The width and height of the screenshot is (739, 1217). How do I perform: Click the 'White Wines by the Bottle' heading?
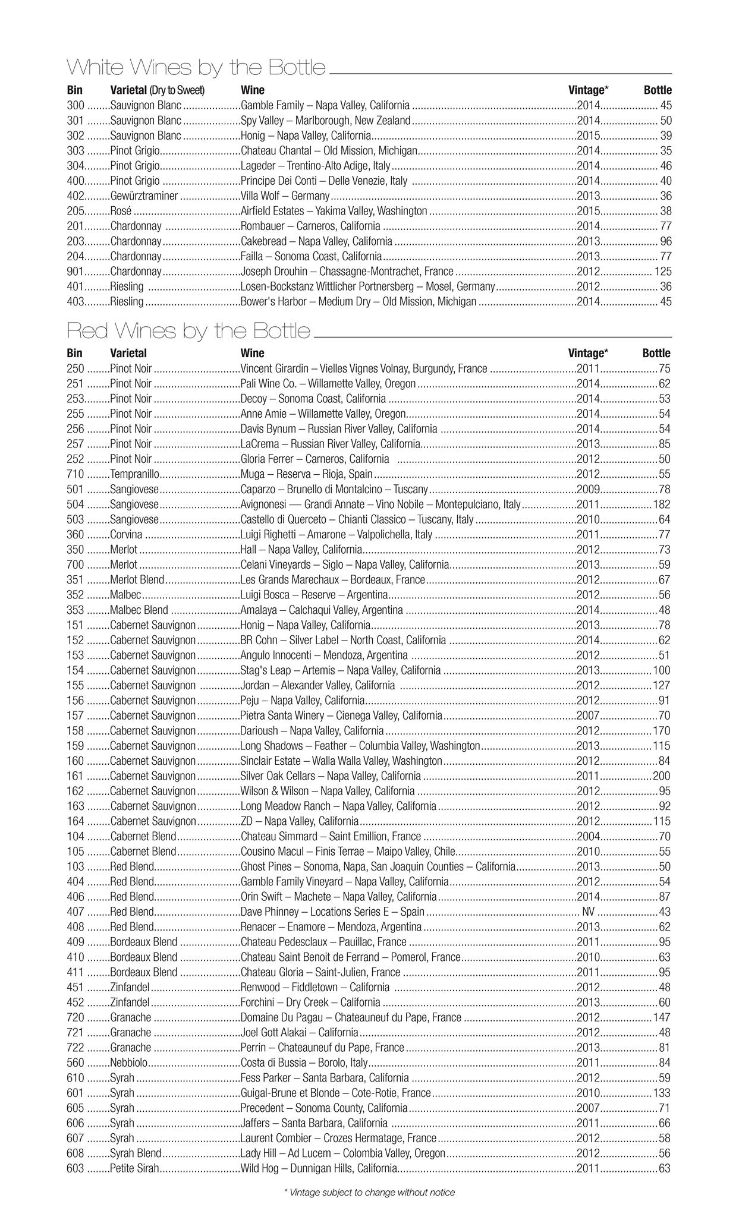pos(196,67)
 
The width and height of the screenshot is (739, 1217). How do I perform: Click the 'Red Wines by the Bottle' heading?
pos(188,330)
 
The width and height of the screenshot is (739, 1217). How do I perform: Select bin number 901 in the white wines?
pos(76,272)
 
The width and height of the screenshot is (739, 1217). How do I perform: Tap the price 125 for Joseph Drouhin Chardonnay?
pos(662,272)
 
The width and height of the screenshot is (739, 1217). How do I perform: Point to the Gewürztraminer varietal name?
pos(144,196)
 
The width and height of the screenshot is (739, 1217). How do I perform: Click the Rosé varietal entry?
pos(121,211)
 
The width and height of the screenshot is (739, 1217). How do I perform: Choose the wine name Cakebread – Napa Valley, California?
pos(316,241)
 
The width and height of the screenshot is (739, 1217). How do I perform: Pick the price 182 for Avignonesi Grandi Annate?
pos(661,505)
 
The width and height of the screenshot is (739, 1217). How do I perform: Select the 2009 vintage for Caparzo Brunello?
pos(588,489)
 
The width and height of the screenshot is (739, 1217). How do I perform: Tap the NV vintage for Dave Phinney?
pos(588,912)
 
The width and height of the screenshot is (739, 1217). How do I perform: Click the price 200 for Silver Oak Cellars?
pos(661,776)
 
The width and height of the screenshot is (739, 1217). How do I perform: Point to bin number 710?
pos(76,474)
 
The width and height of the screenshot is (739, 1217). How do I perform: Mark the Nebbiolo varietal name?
pos(129,1062)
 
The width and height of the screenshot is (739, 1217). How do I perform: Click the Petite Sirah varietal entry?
pos(134,1168)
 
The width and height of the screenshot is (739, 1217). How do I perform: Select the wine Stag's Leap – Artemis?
pos(341,670)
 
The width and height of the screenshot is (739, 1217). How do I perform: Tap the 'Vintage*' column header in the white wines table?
pos(588,90)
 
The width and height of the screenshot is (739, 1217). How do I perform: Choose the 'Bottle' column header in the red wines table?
pos(656,353)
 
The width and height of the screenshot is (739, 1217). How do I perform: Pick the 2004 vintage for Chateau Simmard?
pos(588,836)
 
